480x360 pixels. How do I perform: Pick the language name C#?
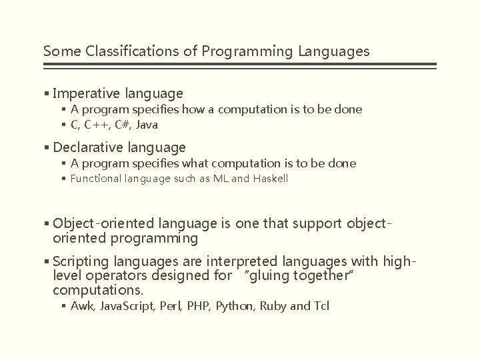tap(123, 125)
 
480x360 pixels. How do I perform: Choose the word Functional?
tap(95, 179)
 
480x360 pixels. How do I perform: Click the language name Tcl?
tap(321, 306)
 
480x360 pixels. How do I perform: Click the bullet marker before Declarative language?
tap(46, 147)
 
